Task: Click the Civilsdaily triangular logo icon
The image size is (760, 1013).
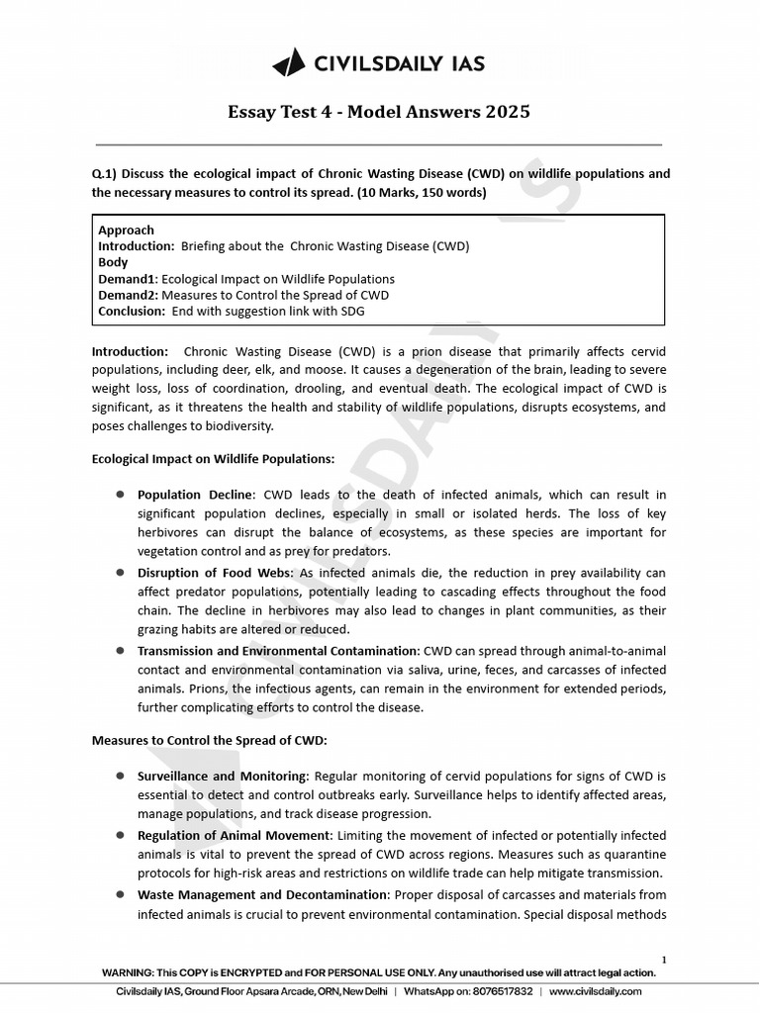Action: (289, 64)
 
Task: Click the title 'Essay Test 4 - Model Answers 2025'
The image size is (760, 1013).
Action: (379, 112)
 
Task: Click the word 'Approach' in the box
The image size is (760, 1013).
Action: (126, 230)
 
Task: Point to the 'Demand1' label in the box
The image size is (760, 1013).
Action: (127, 279)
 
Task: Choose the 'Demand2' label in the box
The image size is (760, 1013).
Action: (127, 295)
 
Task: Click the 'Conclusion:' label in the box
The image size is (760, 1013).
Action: (133, 311)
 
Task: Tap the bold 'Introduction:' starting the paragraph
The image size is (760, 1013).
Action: (131, 351)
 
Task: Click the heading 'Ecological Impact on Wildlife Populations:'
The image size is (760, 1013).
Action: (213, 459)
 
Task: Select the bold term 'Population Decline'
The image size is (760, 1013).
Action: (196, 495)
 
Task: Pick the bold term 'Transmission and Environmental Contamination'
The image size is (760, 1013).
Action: (278, 650)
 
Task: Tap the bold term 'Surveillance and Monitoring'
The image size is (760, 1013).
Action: (223, 777)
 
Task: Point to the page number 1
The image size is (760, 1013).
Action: (663, 960)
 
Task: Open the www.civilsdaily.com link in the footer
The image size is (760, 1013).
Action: (595, 991)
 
